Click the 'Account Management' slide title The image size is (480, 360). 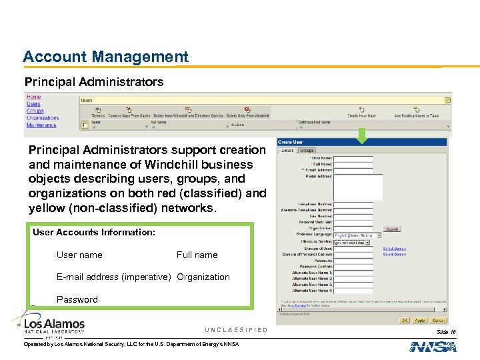click(105, 57)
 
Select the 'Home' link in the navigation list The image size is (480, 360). click(33, 97)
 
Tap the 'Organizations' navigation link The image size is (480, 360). click(42, 118)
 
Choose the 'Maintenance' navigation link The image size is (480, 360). click(41, 125)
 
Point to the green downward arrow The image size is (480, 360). click(361, 135)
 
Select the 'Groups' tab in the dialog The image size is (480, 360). click(307, 151)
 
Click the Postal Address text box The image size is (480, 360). click(358, 187)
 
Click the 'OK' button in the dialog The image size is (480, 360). click(404, 321)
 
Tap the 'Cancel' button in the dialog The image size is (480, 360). click(437, 321)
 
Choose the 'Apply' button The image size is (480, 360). click(420, 321)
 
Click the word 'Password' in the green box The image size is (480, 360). click(77, 299)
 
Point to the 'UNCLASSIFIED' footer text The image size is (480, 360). click(236, 330)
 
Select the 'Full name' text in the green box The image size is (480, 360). click(197, 255)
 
